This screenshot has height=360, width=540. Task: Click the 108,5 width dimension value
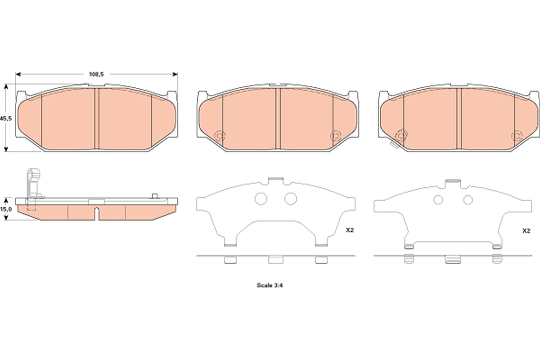[x=96, y=74]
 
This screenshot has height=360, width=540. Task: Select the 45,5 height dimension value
[x=5, y=118]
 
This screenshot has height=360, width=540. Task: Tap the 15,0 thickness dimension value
[x=5, y=209]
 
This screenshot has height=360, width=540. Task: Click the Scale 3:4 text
[x=269, y=285]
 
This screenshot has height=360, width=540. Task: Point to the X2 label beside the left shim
[x=350, y=230]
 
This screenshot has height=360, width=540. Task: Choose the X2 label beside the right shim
[x=526, y=230]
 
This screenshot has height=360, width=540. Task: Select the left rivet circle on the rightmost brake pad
[x=400, y=135]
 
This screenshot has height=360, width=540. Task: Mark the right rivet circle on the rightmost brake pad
[x=517, y=135]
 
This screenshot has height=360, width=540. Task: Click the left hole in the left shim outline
[x=261, y=198]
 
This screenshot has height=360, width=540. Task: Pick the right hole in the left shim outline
[x=291, y=198]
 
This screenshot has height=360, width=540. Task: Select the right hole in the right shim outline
[x=468, y=200]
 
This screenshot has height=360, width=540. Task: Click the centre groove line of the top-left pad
[x=96, y=118]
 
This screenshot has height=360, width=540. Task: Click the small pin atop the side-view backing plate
[x=155, y=196]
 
